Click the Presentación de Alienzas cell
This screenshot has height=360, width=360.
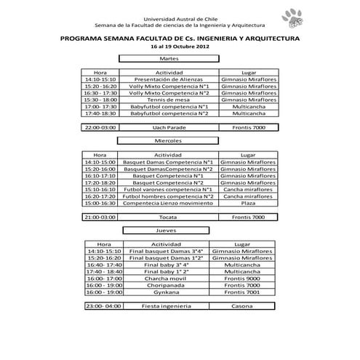point(169,79)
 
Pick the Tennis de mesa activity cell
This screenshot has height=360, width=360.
point(169,100)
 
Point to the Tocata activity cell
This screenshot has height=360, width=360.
point(169,217)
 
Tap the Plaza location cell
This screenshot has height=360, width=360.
point(248,203)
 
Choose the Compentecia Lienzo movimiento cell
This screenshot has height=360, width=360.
point(169,203)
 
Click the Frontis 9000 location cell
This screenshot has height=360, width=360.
point(242,278)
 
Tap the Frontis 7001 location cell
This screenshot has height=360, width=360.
point(242,292)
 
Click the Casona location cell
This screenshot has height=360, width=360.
point(242,306)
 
